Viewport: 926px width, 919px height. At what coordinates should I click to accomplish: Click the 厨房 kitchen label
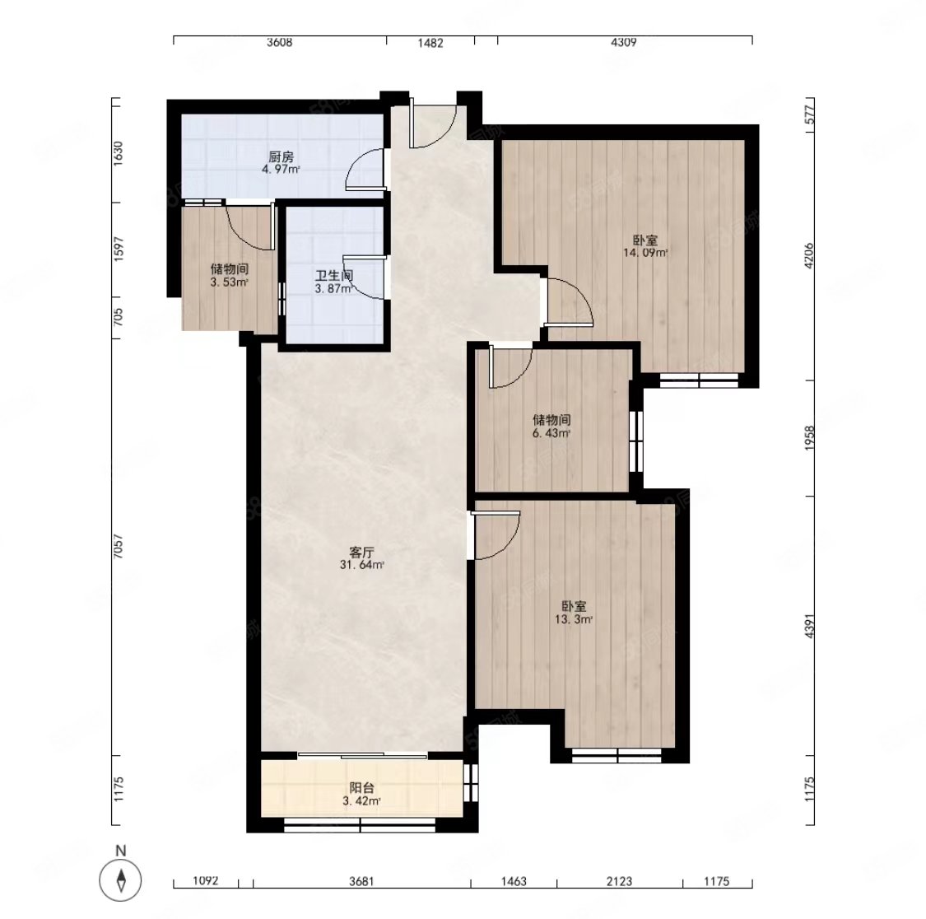[x=282, y=157]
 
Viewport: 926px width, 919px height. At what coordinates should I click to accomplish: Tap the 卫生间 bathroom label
[x=334, y=276]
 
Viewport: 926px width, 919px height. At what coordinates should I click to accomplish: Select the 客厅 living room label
[x=361, y=553]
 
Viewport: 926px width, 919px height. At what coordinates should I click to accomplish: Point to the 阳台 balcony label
[x=361, y=788]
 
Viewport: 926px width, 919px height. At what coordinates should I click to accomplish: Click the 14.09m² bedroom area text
[x=645, y=253]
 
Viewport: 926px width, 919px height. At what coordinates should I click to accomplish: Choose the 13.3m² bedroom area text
[x=574, y=619]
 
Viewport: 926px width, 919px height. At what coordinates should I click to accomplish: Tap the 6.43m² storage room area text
[x=551, y=433]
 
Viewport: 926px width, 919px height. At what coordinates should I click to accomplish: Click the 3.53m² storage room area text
[x=229, y=282]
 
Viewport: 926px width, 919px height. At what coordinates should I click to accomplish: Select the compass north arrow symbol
[x=120, y=880]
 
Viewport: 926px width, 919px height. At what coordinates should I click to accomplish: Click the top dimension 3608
[x=279, y=43]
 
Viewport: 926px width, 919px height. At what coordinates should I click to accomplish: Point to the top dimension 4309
[x=624, y=43]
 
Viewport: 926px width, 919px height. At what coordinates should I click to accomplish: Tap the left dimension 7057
[x=118, y=547]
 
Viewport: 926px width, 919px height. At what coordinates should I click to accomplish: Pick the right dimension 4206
[x=809, y=255]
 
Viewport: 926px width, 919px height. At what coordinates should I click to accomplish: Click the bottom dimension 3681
[x=361, y=882]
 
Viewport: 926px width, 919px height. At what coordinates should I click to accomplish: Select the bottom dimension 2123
[x=619, y=882]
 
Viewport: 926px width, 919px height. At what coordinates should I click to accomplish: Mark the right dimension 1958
[x=809, y=438]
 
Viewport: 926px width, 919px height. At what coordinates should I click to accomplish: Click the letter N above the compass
[x=120, y=851]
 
